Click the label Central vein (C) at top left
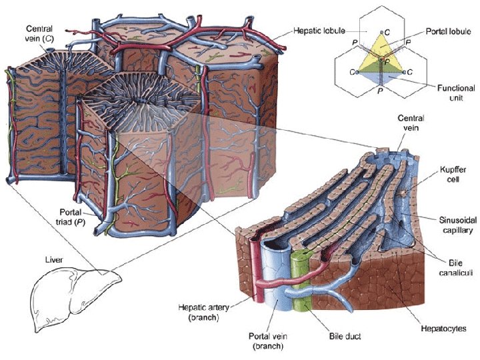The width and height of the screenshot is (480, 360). coord(39,34)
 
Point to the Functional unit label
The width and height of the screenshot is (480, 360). coord(456,93)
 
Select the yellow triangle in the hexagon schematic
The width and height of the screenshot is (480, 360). coord(381,50)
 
